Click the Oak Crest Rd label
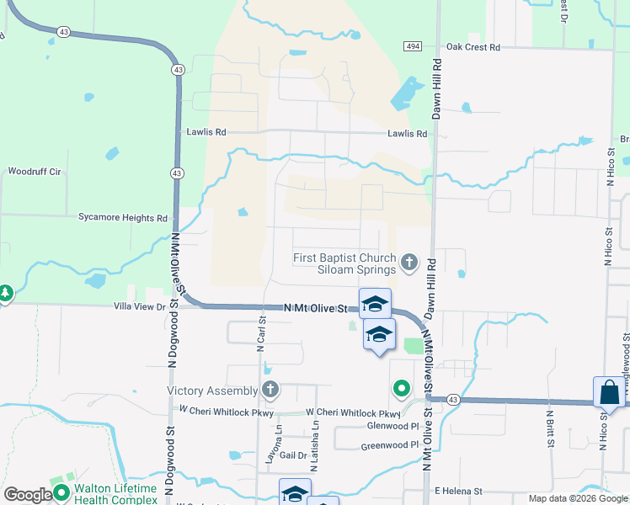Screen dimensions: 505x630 point(472,47)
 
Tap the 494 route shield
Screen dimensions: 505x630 point(412,45)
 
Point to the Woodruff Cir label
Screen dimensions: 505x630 point(35,172)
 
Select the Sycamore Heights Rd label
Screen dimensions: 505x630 point(123,218)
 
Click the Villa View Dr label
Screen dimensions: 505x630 point(140,308)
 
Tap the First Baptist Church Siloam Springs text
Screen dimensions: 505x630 point(344,263)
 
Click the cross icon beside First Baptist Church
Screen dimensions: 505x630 point(408,263)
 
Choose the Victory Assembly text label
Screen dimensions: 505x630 point(212,391)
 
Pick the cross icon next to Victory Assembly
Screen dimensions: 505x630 point(270,390)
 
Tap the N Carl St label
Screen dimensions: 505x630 point(262,329)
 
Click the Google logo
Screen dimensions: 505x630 point(28,495)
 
